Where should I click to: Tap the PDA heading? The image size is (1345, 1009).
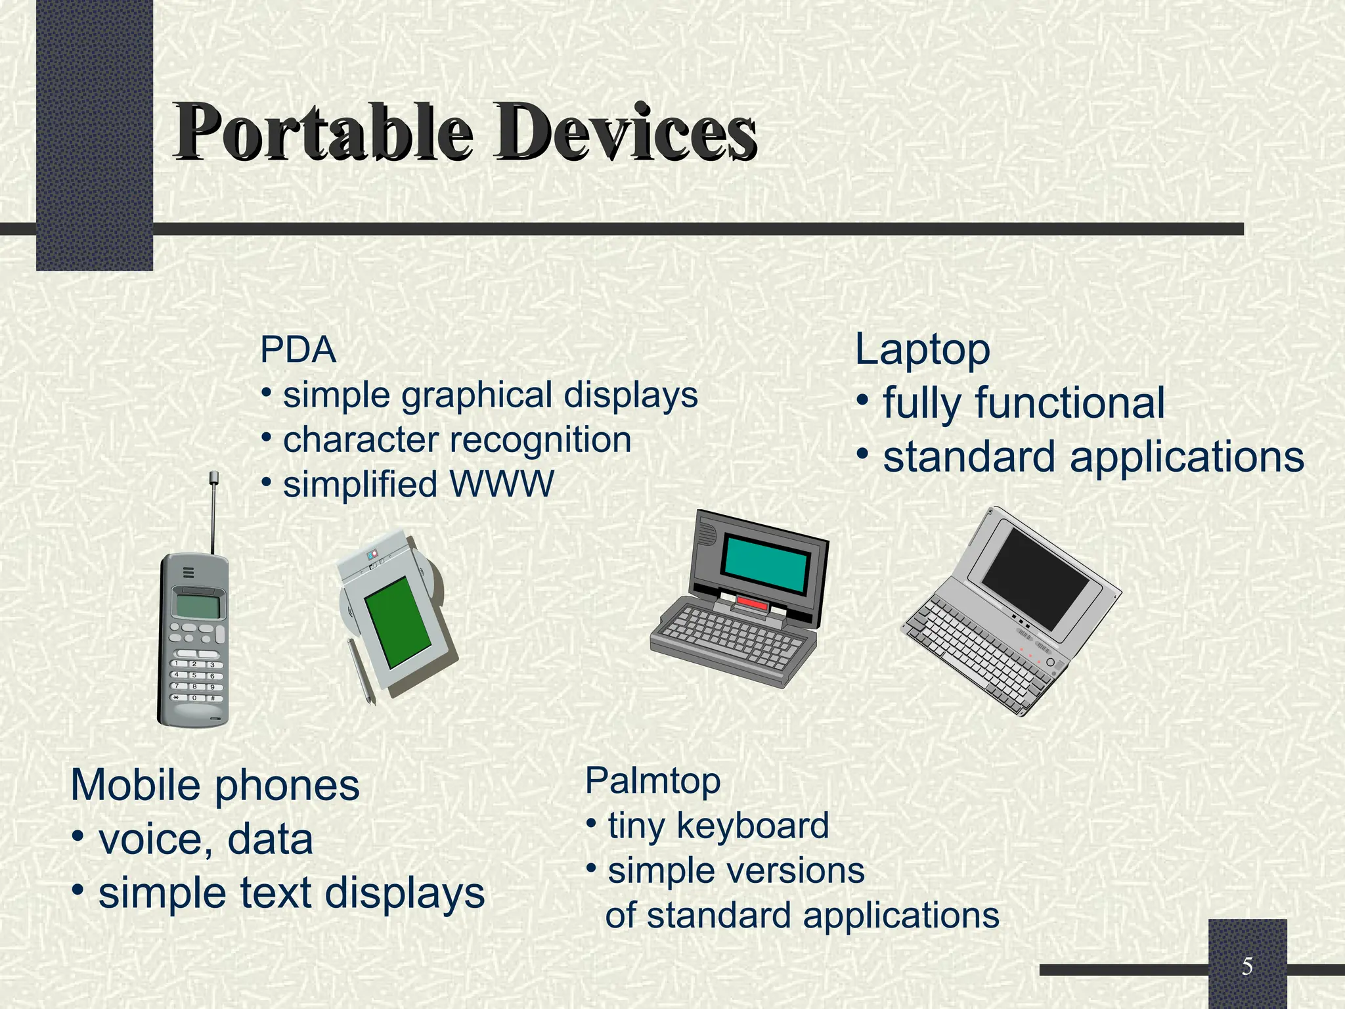[298, 349]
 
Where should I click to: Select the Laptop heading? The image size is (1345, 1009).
[922, 349]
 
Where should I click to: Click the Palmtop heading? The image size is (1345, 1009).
[653, 781]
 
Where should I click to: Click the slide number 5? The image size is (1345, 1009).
[1247, 966]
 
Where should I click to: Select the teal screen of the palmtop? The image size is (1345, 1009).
[766, 562]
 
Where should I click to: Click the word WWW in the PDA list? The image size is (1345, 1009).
[502, 485]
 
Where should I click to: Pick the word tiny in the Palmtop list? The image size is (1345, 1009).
[636, 826]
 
